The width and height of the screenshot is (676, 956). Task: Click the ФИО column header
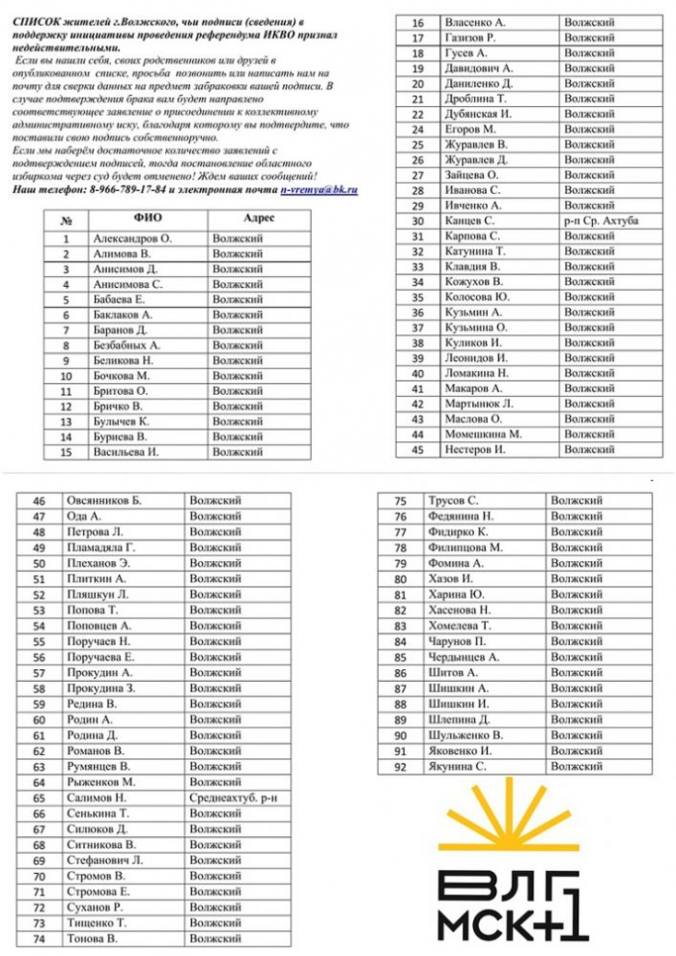(x=147, y=218)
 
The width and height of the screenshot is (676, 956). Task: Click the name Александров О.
(x=132, y=238)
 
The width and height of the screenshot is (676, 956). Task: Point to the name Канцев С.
(x=470, y=221)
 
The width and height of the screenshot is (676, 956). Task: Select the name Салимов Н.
(x=97, y=799)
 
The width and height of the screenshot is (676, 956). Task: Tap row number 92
(x=400, y=766)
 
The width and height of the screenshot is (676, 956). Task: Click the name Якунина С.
(x=457, y=766)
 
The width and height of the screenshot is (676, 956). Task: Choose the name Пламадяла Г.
(x=101, y=548)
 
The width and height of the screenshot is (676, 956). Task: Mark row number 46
(x=40, y=501)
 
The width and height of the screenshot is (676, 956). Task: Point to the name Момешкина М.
(x=483, y=435)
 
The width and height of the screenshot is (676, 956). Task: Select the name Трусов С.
(x=453, y=501)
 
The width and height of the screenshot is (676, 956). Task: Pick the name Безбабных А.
(x=127, y=345)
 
